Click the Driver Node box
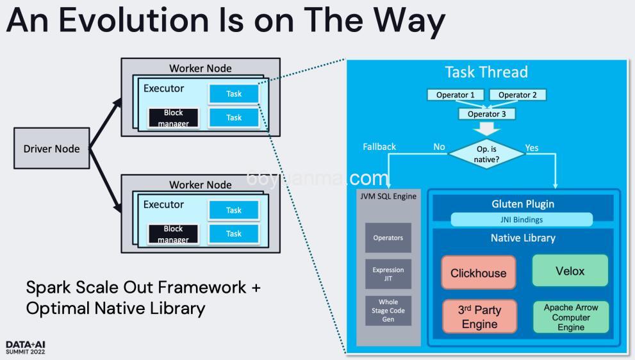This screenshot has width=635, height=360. click(51, 149)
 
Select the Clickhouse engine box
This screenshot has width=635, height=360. click(478, 272)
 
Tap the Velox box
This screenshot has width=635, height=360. click(570, 270)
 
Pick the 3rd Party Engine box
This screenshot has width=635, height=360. click(479, 316)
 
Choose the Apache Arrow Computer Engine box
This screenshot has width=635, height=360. click(570, 317)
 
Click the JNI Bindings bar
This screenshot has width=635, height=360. click(522, 220)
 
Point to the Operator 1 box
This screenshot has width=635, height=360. click(456, 95)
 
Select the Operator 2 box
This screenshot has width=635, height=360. click(517, 95)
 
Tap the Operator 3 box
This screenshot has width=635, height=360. click(486, 114)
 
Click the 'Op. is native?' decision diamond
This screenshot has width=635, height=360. click(486, 154)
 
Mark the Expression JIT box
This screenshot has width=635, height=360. click(388, 274)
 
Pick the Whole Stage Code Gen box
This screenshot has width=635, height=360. click(388, 310)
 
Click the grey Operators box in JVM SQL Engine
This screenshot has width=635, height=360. click(388, 238)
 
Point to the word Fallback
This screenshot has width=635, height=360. click(379, 147)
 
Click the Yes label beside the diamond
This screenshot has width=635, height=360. click(532, 148)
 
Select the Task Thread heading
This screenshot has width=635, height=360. click(486, 72)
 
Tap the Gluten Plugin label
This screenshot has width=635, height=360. click(522, 204)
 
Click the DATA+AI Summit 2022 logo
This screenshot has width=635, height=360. click(26, 348)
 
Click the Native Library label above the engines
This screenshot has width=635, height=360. click(522, 238)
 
